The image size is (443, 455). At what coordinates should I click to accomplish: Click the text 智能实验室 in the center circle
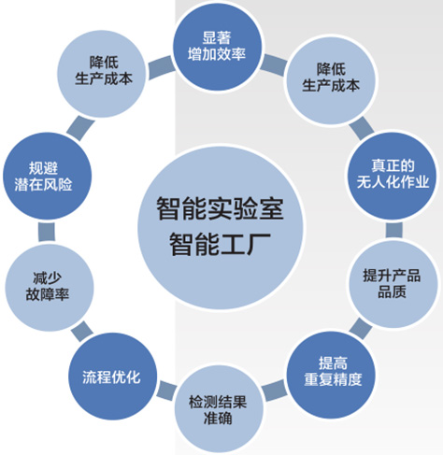pyautogui.click(x=220, y=208)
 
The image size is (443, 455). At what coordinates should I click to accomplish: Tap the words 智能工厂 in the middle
pyautogui.click(x=220, y=244)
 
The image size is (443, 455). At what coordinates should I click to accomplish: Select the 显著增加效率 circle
pyautogui.click(x=217, y=47)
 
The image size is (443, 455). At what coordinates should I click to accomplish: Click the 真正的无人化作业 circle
pyautogui.click(x=393, y=175)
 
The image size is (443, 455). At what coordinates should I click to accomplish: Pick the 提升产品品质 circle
pyautogui.click(x=393, y=284)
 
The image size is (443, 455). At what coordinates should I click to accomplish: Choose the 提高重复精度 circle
pyautogui.click(x=331, y=374)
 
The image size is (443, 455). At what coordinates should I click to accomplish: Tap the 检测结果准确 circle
pyautogui.click(x=219, y=409)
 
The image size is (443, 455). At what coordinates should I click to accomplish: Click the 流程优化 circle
pyautogui.click(x=112, y=377)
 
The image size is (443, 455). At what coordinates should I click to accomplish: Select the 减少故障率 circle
pyautogui.click(x=49, y=287)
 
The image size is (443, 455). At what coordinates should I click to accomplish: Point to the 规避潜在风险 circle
pyautogui.click(x=47, y=176)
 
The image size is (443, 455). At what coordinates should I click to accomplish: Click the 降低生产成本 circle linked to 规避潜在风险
pyautogui.click(x=102, y=74)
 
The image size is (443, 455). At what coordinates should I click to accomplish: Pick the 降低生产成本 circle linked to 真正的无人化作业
pyautogui.click(x=331, y=80)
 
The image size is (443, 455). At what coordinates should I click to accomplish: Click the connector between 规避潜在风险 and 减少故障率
pyautogui.click(x=47, y=232)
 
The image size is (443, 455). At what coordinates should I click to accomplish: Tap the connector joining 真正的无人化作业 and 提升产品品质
pyautogui.click(x=393, y=230)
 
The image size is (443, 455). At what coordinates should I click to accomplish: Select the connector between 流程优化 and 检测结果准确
pyautogui.click(x=166, y=390)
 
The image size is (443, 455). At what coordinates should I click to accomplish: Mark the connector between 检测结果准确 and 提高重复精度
pyautogui.click(x=274, y=391)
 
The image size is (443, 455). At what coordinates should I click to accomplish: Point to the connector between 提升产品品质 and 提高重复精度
pyautogui.click(x=361, y=329)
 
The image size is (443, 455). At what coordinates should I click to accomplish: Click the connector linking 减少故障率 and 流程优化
pyautogui.click(x=82, y=332)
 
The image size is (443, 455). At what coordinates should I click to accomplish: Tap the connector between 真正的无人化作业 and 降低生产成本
pyautogui.click(x=362, y=128)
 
